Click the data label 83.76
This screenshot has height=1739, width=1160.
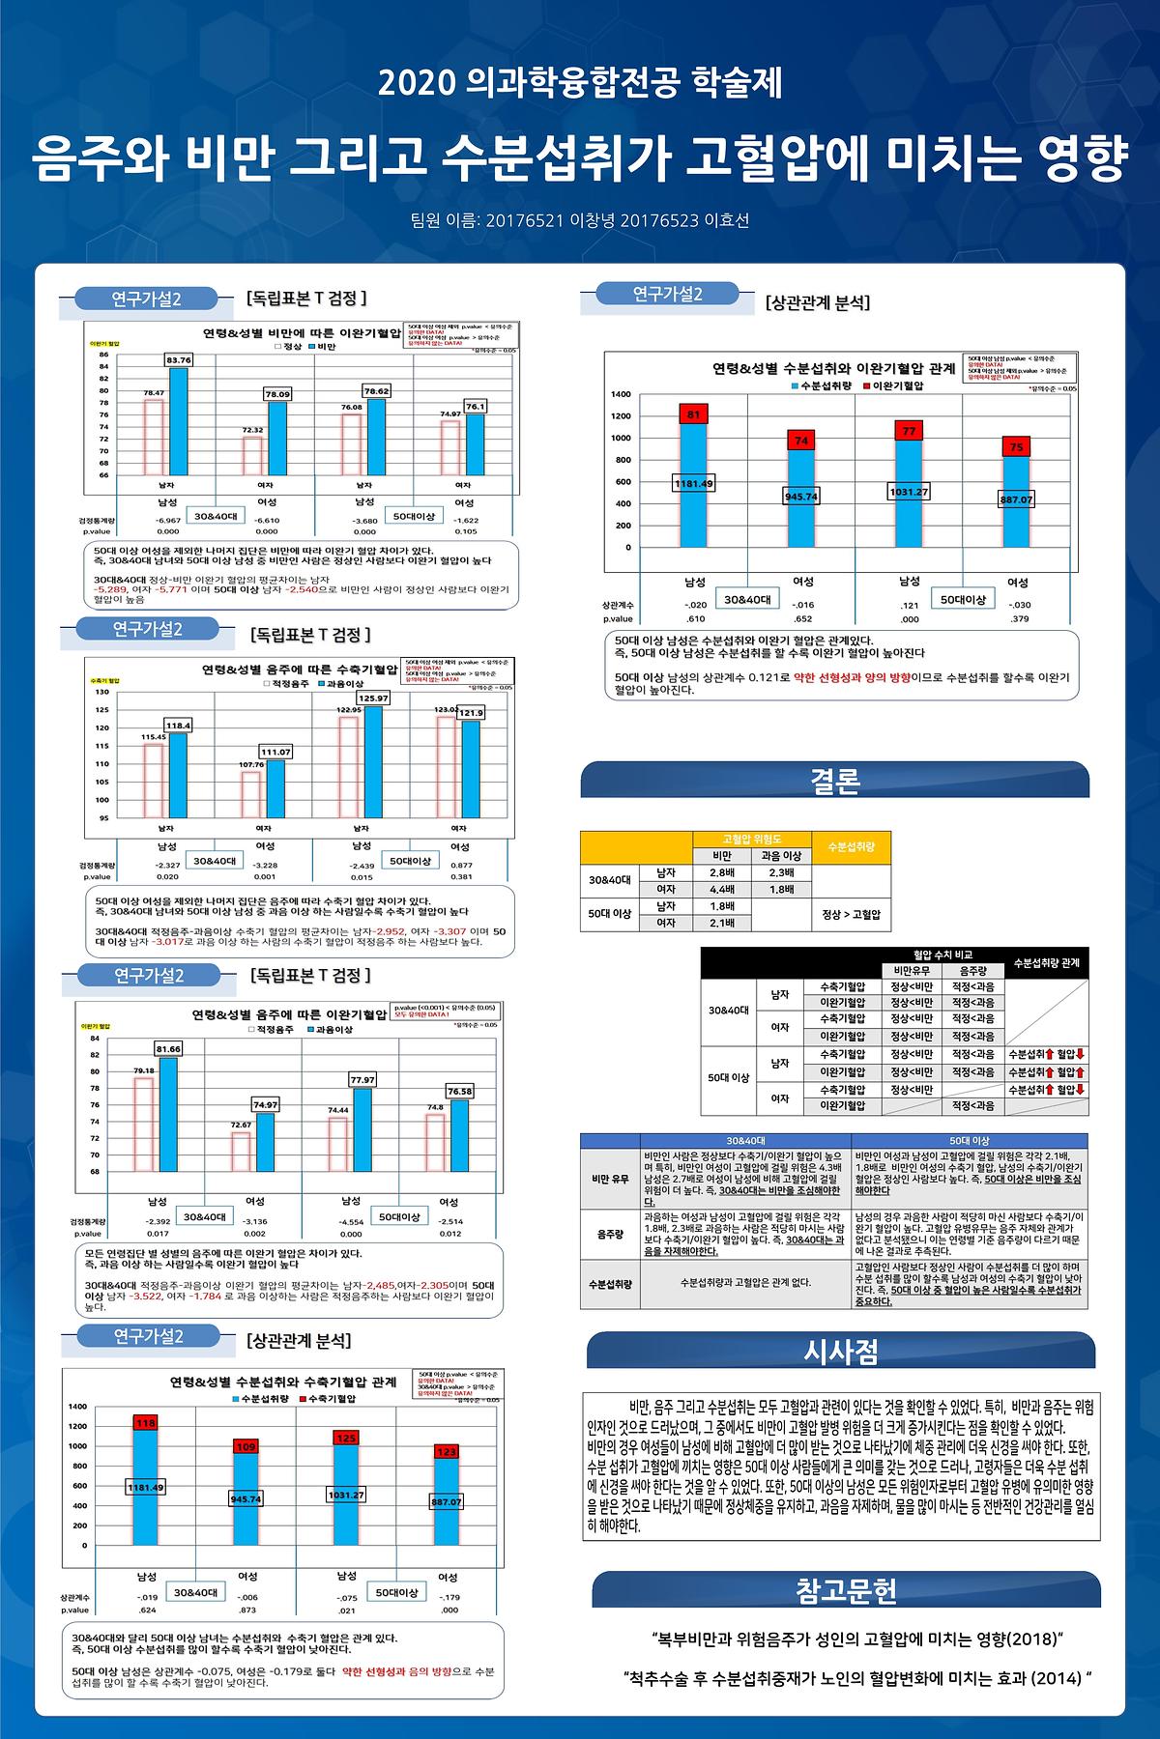point(179,359)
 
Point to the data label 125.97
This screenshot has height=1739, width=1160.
point(373,698)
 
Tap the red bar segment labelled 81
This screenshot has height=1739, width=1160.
point(693,414)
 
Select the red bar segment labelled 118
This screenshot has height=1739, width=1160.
point(145,1422)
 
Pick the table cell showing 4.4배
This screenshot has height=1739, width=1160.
point(722,890)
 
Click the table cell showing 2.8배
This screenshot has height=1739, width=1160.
point(722,872)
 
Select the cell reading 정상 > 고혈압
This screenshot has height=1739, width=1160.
point(851,914)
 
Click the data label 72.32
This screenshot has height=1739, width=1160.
point(253,430)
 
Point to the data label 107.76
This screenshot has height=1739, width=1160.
point(251,764)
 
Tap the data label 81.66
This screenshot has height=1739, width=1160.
point(168,1048)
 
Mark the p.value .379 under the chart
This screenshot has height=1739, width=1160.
point(1018,619)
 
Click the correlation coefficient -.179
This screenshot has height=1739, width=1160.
point(448,1598)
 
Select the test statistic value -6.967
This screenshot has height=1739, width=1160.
point(167,520)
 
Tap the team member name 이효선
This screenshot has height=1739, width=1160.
point(729,220)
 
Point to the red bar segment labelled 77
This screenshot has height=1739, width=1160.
point(909,432)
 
